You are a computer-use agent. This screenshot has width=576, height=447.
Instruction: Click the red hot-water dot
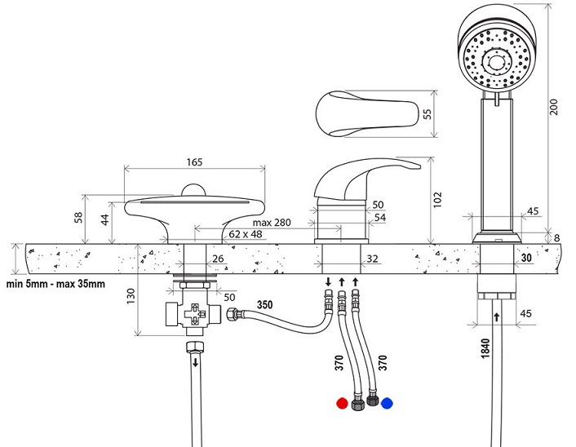coord(342,403)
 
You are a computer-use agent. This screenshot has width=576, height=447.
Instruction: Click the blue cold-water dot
coord(387,403)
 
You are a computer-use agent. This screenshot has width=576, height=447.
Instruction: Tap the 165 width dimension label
coord(194,162)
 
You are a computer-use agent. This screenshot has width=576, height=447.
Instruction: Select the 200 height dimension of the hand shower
coord(554,107)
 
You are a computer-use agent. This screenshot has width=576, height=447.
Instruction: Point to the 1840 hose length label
coord(485,348)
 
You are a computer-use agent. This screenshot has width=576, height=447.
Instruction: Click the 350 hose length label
coord(264,304)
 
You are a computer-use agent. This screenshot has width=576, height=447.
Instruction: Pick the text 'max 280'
coord(272,223)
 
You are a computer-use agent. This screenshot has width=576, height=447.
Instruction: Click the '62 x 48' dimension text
coord(246,234)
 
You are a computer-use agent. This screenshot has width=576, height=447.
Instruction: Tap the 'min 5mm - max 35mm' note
coord(55,284)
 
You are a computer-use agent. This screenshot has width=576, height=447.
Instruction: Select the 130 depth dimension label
coord(131,296)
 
